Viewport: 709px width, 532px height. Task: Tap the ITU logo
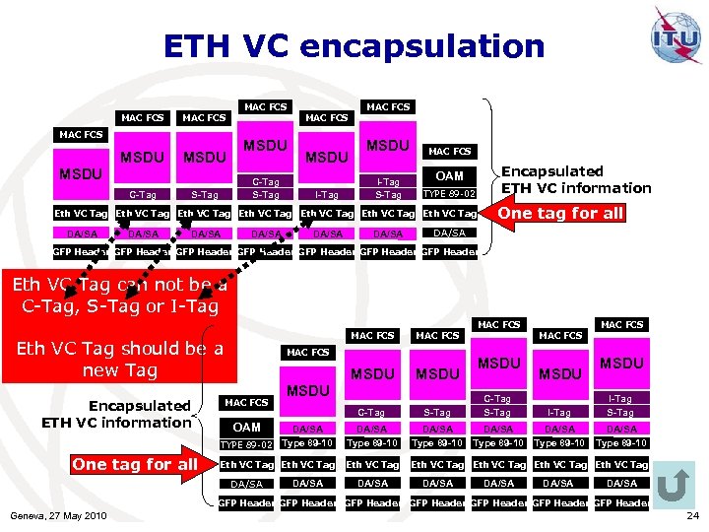(x=677, y=37)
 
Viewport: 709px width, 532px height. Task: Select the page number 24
(x=693, y=515)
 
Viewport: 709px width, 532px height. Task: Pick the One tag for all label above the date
(x=134, y=464)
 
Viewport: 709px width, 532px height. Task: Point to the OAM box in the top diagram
(x=449, y=174)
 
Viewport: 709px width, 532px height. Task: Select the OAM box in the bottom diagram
(x=246, y=427)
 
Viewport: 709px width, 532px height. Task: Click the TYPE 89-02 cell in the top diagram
(x=449, y=193)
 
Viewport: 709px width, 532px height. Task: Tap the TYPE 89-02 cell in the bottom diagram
(x=245, y=444)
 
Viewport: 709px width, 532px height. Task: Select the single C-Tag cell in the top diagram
(x=143, y=194)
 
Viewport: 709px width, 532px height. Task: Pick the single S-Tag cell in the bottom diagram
(x=437, y=413)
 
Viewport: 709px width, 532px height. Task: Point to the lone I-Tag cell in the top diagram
(x=327, y=194)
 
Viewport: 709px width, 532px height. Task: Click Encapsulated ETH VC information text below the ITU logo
(x=577, y=179)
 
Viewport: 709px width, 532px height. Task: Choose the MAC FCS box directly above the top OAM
(x=449, y=151)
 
